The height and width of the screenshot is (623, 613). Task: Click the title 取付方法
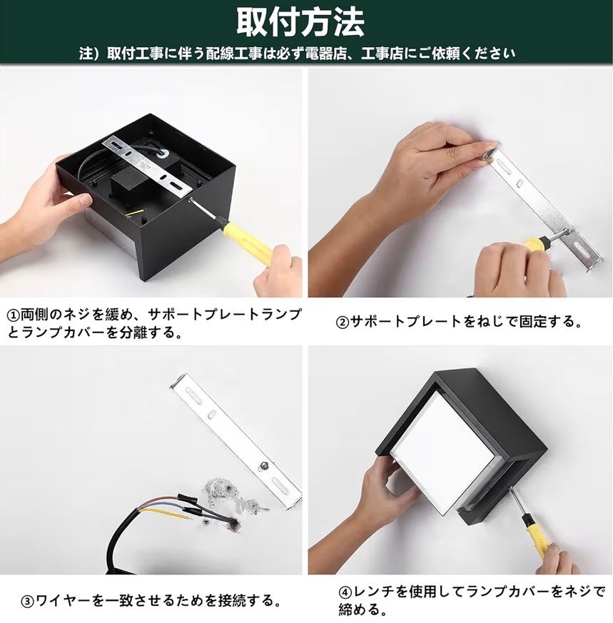[300, 22]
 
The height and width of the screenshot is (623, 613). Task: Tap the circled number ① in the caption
[14, 316]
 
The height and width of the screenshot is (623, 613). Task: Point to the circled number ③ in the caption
[28, 601]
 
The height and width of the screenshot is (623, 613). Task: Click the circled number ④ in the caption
[345, 592]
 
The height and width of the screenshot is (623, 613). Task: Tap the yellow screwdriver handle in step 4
[538, 540]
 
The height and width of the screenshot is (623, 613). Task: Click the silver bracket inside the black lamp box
[149, 167]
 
